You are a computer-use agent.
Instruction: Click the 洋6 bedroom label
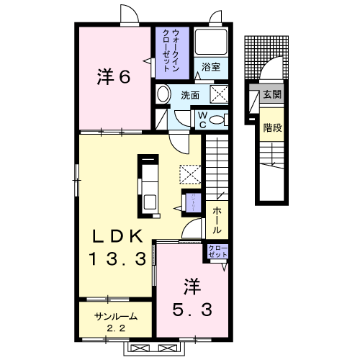(x=113, y=76)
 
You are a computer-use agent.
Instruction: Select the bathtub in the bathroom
(x=212, y=42)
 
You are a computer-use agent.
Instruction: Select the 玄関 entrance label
(x=271, y=94)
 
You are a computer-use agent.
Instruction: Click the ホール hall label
(x=217, y=218)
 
